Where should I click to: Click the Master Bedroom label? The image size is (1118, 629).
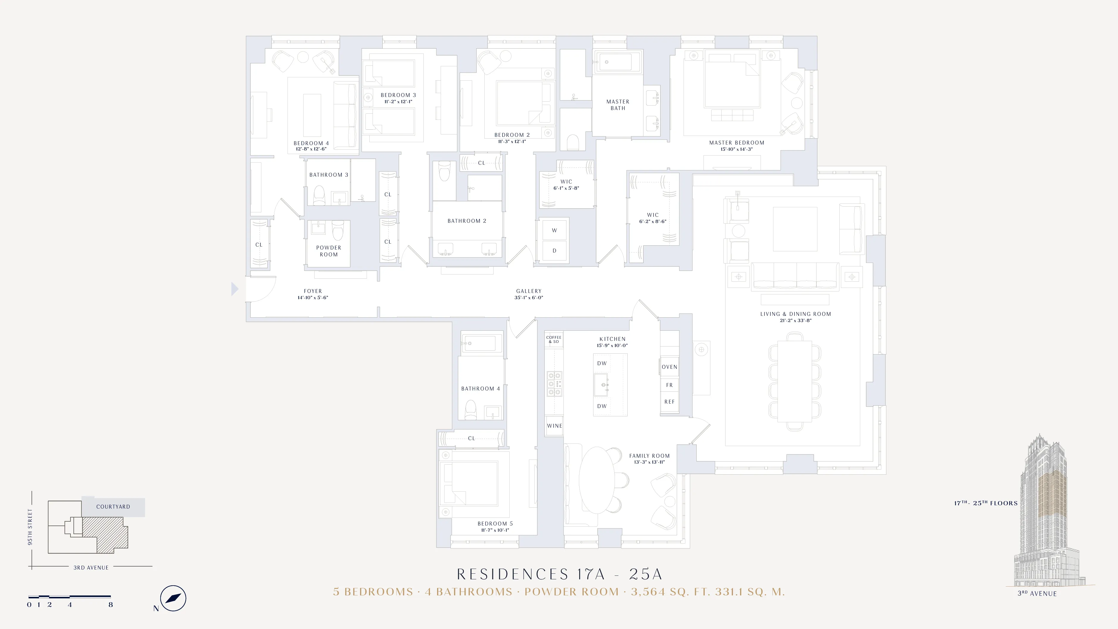click(737, 142)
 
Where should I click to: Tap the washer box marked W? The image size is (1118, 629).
click(554, 230)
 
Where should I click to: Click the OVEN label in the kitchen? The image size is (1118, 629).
click(669, 367)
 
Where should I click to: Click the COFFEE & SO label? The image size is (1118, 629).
click(554, 339)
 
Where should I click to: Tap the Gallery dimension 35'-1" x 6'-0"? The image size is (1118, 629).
click(529, 298)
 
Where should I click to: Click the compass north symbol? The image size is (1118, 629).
click(173, 598)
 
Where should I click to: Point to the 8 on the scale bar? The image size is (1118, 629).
click(111, 605)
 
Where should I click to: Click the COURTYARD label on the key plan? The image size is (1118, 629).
click(113, 506)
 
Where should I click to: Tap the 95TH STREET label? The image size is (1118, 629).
click(30, 527)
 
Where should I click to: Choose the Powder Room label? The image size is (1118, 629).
click(329, 251)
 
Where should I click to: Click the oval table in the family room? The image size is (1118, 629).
click(597, 480)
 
